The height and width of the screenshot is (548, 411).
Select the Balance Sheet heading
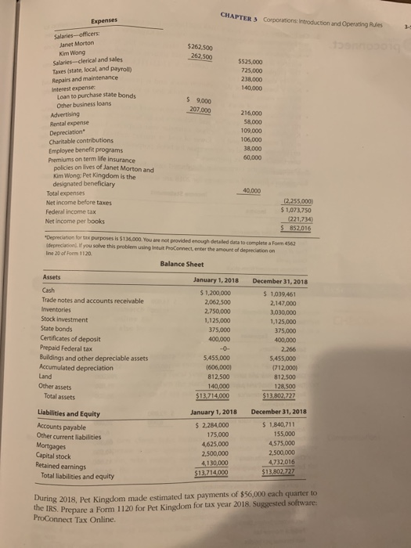tap(183, 264)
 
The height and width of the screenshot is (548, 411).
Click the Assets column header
tap(53, 279)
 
